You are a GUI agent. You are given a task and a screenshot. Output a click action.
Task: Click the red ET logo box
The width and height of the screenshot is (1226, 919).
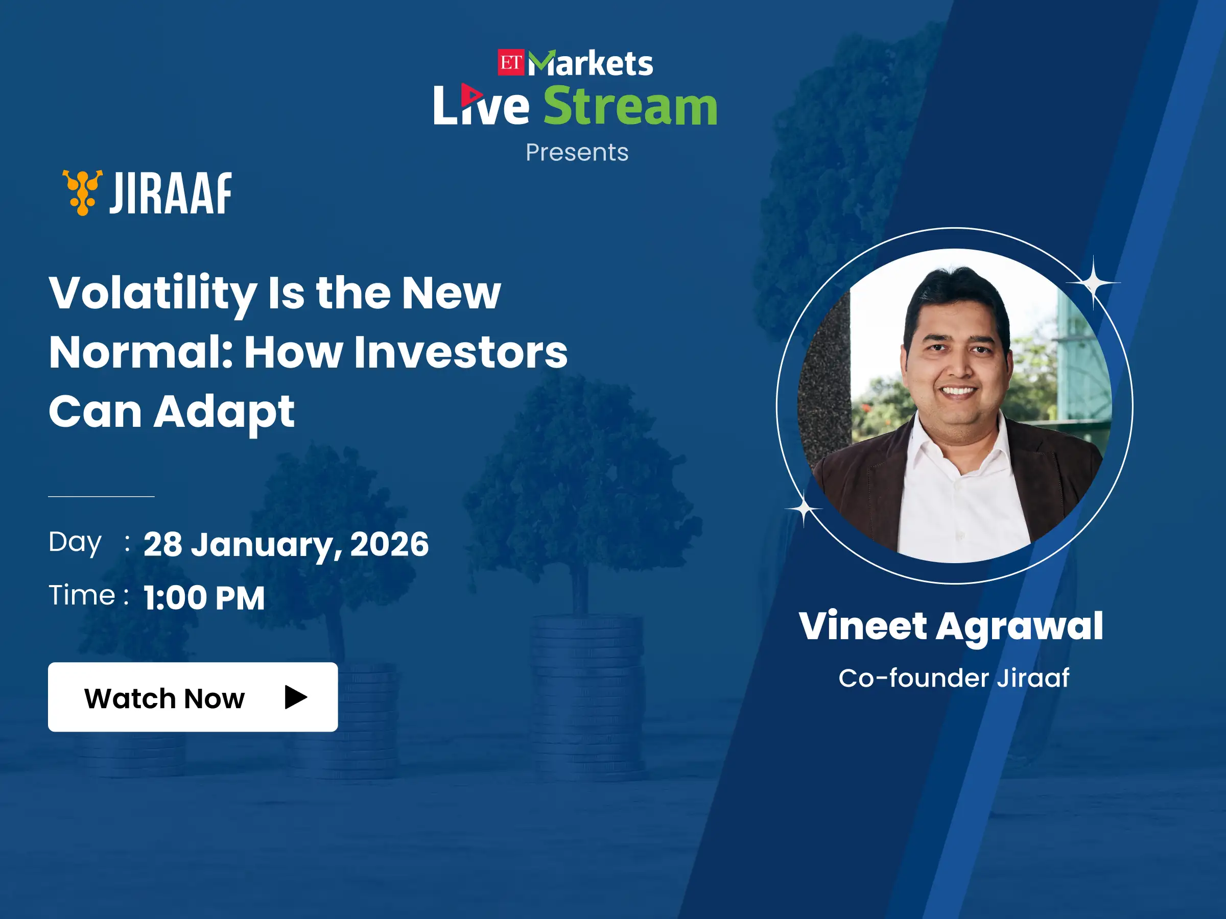[510, 63]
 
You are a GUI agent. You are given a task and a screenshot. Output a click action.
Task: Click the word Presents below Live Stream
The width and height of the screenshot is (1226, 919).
[577, 152]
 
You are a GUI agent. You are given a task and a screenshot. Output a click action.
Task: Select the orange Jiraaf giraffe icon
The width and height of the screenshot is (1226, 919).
[82, 192]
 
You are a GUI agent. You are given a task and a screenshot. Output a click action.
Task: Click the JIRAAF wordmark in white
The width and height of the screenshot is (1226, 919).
[170, 194]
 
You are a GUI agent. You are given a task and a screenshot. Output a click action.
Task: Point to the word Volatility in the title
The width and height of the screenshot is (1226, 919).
[153, 294]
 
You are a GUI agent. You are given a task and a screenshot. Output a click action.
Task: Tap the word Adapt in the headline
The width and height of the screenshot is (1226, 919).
[224, 413]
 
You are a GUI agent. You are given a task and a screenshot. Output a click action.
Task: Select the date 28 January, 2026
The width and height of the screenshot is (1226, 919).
[286, 545]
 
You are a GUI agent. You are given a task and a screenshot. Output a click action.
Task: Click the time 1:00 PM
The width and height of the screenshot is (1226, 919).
[204, 598]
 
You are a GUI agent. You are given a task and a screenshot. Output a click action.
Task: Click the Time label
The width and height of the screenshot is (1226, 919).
[82, 595]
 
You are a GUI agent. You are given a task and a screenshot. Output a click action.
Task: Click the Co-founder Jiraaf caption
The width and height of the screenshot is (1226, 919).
[954, 678]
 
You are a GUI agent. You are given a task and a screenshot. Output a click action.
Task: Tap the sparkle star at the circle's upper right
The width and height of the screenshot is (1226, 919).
[1093, 283]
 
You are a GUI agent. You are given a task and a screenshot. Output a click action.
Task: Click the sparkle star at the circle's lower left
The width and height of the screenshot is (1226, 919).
[804, 508]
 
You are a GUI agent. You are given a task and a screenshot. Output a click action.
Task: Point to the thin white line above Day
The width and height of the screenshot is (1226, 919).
[102, 496]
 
